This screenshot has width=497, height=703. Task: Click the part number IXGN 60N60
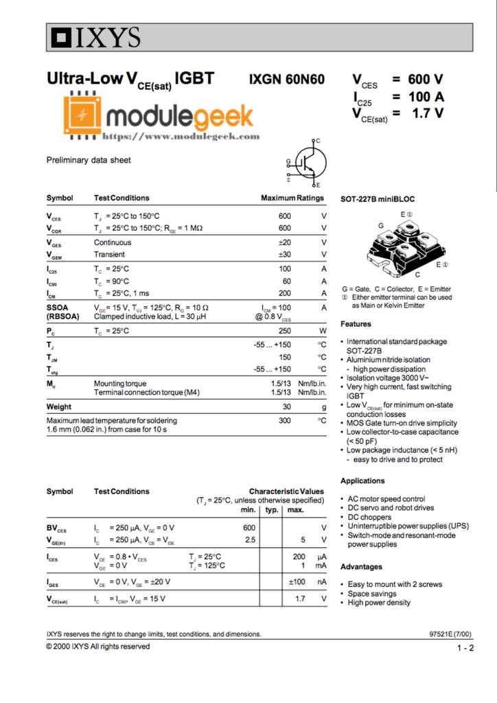coord(287,80)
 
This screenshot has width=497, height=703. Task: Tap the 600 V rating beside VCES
coord(426,79)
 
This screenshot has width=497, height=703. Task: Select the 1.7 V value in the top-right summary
coord(426,113)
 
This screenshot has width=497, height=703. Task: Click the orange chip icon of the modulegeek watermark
coord(83,115)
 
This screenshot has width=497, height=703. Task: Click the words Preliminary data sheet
coord(88,161)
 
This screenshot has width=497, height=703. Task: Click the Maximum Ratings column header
coord(292,198)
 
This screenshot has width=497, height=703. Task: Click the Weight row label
coord(59,407)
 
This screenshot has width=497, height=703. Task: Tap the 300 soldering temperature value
coord(284,420)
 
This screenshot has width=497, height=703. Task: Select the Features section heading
coord(356,324)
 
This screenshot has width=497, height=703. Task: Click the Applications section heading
coord(362,481)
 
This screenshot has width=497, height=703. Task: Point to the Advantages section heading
coord(361,567)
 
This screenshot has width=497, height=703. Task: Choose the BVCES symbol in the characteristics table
coord(57,528)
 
